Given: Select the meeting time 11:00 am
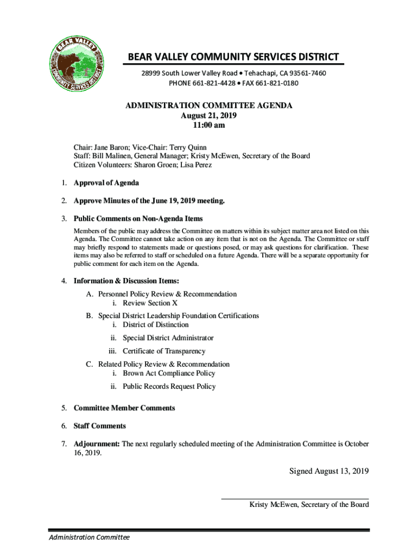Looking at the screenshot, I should pyautogui.click(x=209, y=125).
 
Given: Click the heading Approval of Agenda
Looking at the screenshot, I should pyautogui.click(x=106, y=183).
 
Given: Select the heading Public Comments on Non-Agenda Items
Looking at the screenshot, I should pyautogui.click(x=138, y=219).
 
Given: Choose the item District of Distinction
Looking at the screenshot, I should pyautogui.click(x=156, y=325).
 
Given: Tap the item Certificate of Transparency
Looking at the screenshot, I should pyautogui.click(x=164, y=351).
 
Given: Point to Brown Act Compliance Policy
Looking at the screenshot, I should pyautogui.click(x=169, y=373).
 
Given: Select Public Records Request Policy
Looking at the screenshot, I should pyautogui.click(x=169, y=386).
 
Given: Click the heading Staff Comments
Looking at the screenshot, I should pyautogui.click(x=100, y=426).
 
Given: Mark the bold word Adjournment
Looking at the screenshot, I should pyautogui.click(x=97, y=444).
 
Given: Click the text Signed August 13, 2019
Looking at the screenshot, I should pyautogui.click(x=329, y=471).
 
